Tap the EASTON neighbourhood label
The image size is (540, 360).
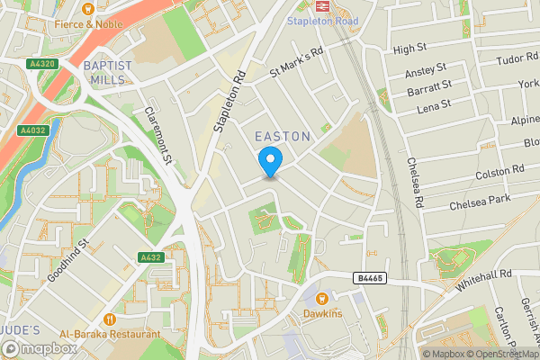coord(283,136)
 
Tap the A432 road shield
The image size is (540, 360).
coord(150,258)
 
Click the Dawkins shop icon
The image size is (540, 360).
coord(322,298)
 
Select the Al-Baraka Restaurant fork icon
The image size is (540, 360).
coord(110,319)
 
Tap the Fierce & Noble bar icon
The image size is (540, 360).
coord(88,7)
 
